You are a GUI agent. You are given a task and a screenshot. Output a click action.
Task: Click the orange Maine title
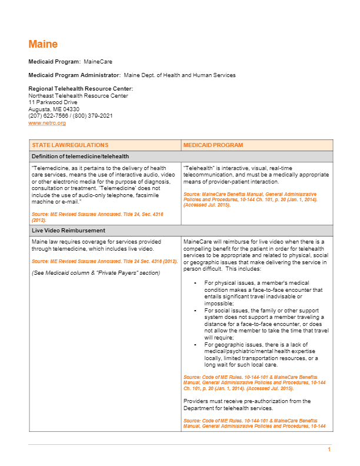pyautogui.click(x=43, y=44)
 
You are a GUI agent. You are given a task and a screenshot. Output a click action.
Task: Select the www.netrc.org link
pyautogui.click(x=47, y=123)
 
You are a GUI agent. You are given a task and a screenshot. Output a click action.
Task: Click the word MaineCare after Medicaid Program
pyautogui.click(x=98, y=61)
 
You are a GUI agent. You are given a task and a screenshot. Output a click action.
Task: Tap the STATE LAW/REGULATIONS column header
pyautogui.click(x=70, y=145)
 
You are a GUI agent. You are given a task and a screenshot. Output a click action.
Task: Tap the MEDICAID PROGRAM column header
pyautogui.click(x=213, y=145)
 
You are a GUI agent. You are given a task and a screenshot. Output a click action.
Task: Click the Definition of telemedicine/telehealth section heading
pyautogui.click(x=81, y=157)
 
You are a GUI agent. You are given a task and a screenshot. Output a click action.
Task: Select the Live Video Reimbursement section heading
pyautogui.click(x=68, y=231)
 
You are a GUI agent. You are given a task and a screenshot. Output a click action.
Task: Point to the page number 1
pyautogui.click(x=329, y=450)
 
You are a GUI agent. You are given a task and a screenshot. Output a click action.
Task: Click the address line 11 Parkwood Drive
pyautogui.click(x=53, y=102)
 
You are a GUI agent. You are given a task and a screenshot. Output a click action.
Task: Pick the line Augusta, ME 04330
pyautogui.click(x=54, y=109)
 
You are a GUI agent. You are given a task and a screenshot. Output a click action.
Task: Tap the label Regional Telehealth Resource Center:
pyautogui.click(x=76, y=89)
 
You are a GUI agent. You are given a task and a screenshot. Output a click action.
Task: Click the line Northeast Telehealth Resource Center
pyautogui.click(x=78, y=95)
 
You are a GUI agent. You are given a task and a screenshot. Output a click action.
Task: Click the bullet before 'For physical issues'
pyautogui.click(x=195, y=283)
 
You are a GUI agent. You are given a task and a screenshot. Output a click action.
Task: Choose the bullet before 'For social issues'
pyautogui.click(x=195, y=309)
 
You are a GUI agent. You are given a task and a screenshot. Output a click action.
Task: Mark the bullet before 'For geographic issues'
pyautogui.click(x=195, y=345)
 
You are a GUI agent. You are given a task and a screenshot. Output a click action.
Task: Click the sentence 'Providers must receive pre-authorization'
pyautogui.click(x=247, y=401)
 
